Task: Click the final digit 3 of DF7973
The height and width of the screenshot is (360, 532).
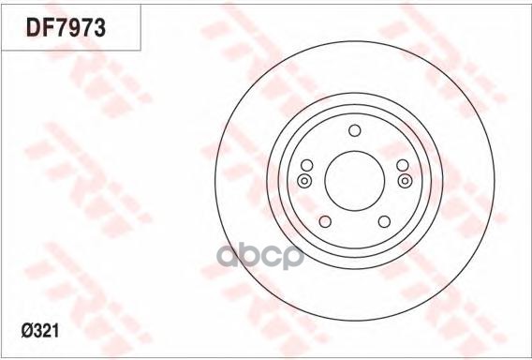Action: pyautogui.click(x=100, y=29)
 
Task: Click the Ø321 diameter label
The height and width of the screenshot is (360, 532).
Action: pyautogui.click(x=37, y=331)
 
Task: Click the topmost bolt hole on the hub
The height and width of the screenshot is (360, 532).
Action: pyautogui.click(x=354, y=131)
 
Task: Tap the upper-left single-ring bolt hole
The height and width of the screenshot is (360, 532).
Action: pyautogui.click(x=306, y=165)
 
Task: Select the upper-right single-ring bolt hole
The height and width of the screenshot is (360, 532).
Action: pyautogui.click(x=402, y=165)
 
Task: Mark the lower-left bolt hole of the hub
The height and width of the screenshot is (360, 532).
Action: pyautogui.click(x=325, y=221)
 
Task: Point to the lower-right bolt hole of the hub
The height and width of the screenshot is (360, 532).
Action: pyautogui.click(x=383, y=221)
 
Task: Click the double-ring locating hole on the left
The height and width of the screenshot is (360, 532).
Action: pyautogui.click(x=303, y=181)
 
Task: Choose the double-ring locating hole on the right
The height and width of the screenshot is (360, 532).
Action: pyautogui.click(x=405, y=181)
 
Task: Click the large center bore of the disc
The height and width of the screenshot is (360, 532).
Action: pyautogui.click(x=354, y=181)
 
